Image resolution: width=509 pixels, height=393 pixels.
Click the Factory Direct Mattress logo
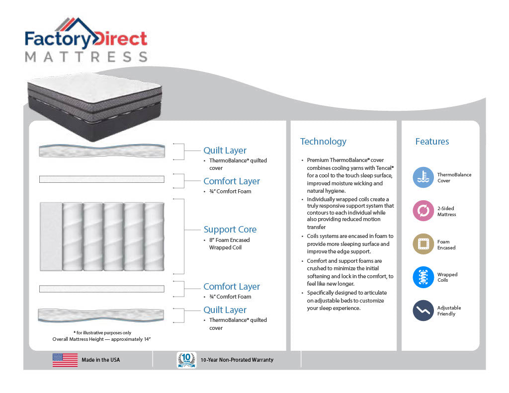click(x=86, y=40)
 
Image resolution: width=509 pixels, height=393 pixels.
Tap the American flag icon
click(x=65, y=360)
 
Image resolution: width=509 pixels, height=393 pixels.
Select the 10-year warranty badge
click(x=186, y=360)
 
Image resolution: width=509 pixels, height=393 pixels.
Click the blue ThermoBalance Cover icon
click(x=424, y=177)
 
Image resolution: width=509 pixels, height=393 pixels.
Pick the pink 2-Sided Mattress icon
click(x=424, y=211)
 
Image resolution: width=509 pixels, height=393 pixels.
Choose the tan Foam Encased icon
click(x=424, y=244)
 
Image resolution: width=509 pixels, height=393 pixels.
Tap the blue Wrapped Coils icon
click(x=424, y=277)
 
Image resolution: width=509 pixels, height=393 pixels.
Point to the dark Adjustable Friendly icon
click(x=424, y=311)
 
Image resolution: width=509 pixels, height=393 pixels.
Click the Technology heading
click(x=323, y=142)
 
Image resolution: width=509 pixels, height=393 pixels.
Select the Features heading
click(x=432, y=142)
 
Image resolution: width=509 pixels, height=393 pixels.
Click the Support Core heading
click(x=230, y=230)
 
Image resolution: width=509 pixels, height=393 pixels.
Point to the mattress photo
click(x=95, y=106)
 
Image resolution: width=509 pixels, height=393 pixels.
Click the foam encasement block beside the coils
click(x=51, y=236)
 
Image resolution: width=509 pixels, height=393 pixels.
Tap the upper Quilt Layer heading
click(x=225, y=151)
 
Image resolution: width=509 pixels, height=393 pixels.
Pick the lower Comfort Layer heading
click(x=232, y=287)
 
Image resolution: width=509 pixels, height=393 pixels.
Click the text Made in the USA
click(x=100, y=360)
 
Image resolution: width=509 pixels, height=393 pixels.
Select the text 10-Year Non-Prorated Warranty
click(x=237, y=360)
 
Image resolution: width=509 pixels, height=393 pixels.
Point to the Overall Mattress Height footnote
click(x=101, y=339)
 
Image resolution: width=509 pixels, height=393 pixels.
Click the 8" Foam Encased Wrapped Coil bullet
click(x=229, y=244)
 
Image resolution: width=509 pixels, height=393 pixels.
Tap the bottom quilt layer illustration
click(x=101, y=315)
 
